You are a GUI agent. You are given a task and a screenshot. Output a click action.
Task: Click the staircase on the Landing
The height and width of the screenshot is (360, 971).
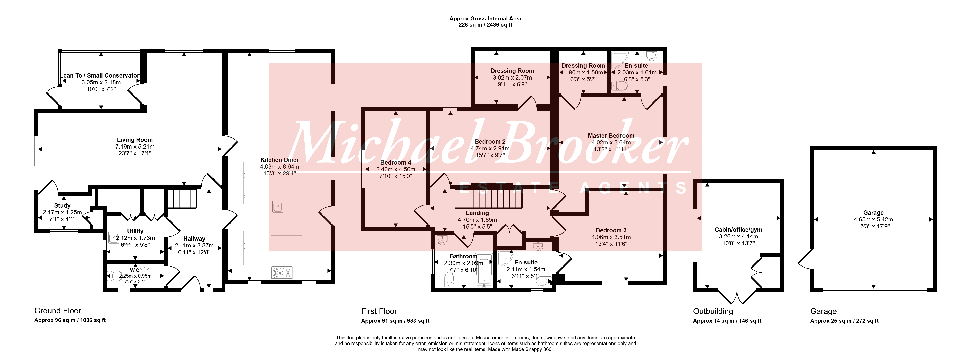click(488, 199)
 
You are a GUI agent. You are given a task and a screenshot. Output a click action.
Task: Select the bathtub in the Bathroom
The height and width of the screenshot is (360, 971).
click(484, 271)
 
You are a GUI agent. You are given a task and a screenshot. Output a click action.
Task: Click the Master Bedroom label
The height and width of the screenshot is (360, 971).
click(611, 136)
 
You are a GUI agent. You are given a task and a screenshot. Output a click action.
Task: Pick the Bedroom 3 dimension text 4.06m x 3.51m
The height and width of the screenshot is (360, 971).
click(611, 237)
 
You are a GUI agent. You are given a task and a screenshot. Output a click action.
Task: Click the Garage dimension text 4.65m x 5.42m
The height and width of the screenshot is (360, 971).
click(873, 219)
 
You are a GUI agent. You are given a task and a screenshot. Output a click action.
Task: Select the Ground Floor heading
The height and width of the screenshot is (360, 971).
click(58, 311)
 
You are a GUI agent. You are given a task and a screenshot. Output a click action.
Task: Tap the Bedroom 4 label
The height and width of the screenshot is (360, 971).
click(396, 162)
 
